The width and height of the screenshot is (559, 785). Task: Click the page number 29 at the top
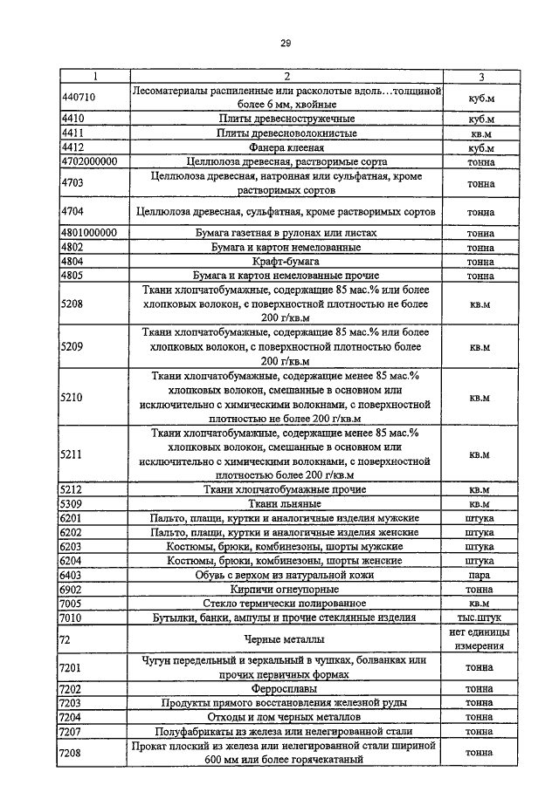tap(285, 44)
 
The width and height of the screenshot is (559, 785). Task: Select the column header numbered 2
tap(286, 77)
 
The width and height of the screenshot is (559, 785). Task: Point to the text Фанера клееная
tap(286, 148)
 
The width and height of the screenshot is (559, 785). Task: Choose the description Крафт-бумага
tap(286, 261)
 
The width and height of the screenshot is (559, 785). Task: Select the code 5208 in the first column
tap(72, 303)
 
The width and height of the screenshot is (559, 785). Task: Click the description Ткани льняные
tap(286, 503)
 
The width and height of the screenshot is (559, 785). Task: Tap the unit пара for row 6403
tap(479, 575)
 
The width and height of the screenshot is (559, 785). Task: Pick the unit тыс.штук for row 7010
tap(479, 618)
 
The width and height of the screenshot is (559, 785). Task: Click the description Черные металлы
tap(286, 638)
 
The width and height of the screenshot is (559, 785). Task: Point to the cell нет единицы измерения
tap(479, 638)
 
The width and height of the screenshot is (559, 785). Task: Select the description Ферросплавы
tap(286, 688)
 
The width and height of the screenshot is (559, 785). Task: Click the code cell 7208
tap(72, 752)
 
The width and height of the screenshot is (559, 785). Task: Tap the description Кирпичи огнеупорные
tap(286, 589)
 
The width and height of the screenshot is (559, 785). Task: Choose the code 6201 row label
tap(72, 518)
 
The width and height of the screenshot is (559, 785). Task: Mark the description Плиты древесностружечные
tap(286, 119)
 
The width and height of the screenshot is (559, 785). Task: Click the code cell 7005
tap(72, 603)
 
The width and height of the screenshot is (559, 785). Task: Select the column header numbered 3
tap(479, 77)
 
